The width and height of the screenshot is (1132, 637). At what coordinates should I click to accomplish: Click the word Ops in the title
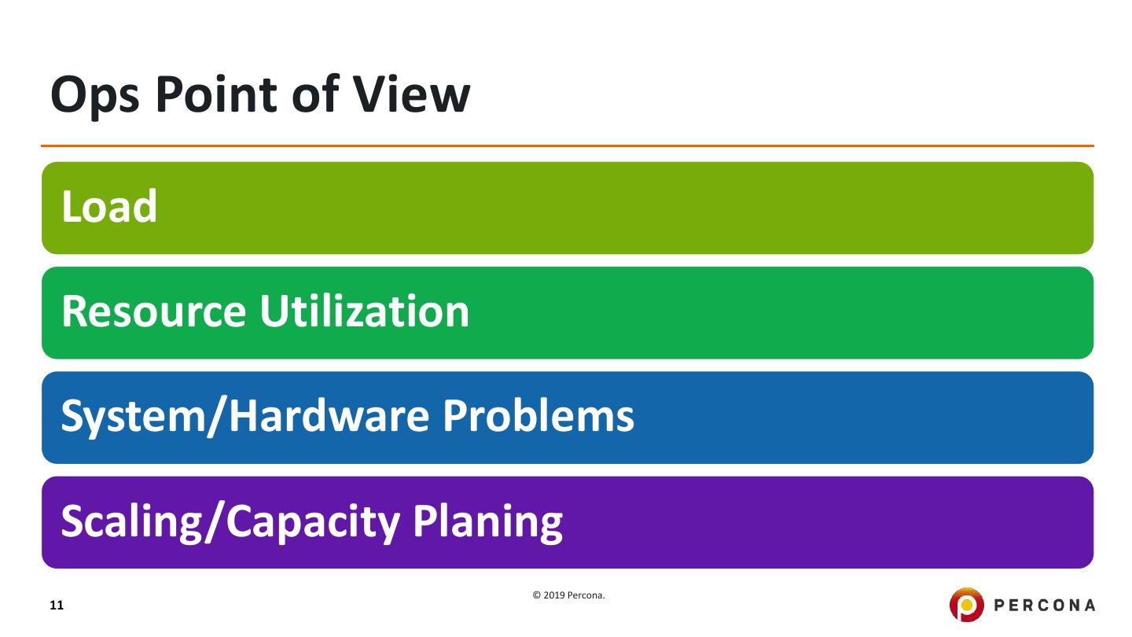coord(96,97)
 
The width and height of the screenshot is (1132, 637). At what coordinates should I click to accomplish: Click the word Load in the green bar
coord(109,207)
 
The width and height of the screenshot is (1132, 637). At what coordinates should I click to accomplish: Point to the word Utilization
coord(365,311)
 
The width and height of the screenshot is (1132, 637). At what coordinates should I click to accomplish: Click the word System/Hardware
coord(244,416)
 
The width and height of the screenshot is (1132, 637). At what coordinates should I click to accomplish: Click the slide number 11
coord(57,606)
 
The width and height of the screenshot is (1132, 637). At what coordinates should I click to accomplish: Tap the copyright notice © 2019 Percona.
coord(569,596)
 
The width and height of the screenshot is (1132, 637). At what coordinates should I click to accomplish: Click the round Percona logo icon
coord(967,605)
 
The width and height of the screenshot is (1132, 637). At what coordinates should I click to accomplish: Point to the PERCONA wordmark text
coord(1046,606)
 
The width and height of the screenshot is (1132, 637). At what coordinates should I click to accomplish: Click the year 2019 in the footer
coord(554,596)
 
